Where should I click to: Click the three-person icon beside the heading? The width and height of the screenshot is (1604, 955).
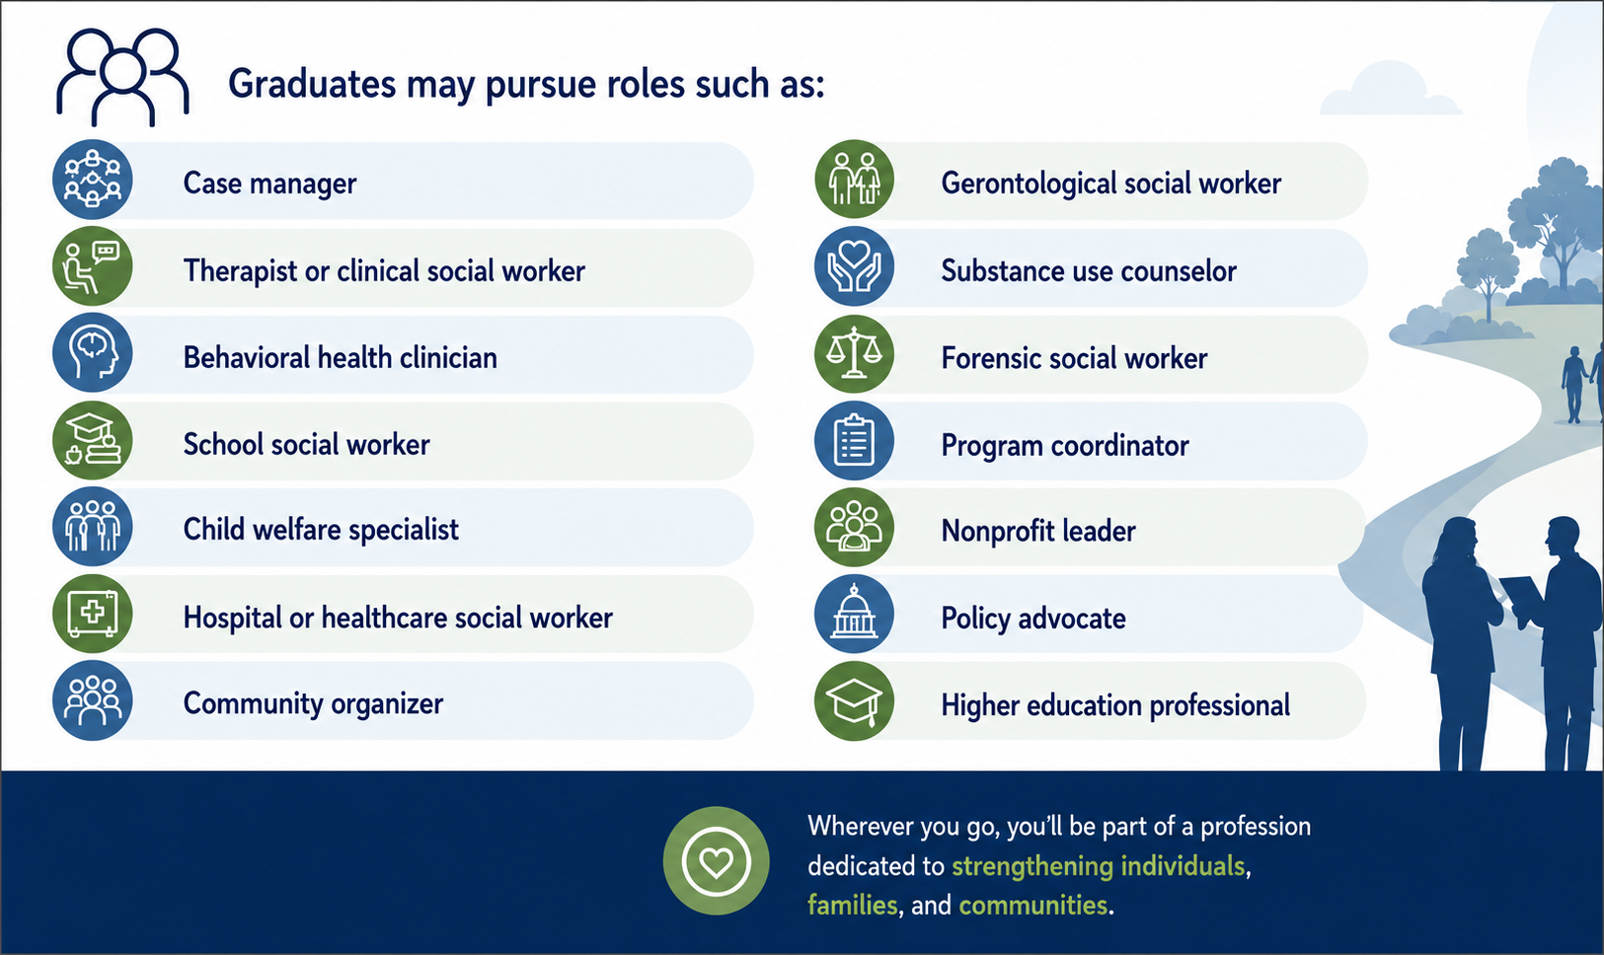[123, 77]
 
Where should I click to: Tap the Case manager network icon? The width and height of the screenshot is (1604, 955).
[93, 179]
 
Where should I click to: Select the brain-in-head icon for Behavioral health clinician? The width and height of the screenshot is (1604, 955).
[93, 352]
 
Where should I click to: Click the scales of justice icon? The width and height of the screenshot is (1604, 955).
[854, 353]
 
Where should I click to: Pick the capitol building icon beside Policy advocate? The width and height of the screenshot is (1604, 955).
[854, 613]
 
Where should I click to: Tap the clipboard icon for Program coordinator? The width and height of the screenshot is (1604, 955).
[854, 440]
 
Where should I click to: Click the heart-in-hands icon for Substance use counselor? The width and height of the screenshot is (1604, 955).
[854, 266]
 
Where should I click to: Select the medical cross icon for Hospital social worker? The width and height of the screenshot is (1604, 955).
[93, 613]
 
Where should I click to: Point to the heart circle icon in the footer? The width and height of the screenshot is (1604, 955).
[716, 860]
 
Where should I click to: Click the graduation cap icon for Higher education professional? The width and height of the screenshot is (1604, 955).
[854, 700]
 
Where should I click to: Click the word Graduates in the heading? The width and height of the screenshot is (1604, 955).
[312, 84]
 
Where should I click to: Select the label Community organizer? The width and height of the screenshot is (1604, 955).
[313, 703]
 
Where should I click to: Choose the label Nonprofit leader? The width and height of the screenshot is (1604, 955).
[1038, 531]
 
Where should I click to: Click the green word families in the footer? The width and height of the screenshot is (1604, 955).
[852, 905]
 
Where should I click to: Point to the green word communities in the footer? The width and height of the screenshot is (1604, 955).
[1033, 906]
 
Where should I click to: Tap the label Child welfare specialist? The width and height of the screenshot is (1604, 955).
[321, 531]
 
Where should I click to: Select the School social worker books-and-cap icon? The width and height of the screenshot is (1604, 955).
[93, 440]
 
